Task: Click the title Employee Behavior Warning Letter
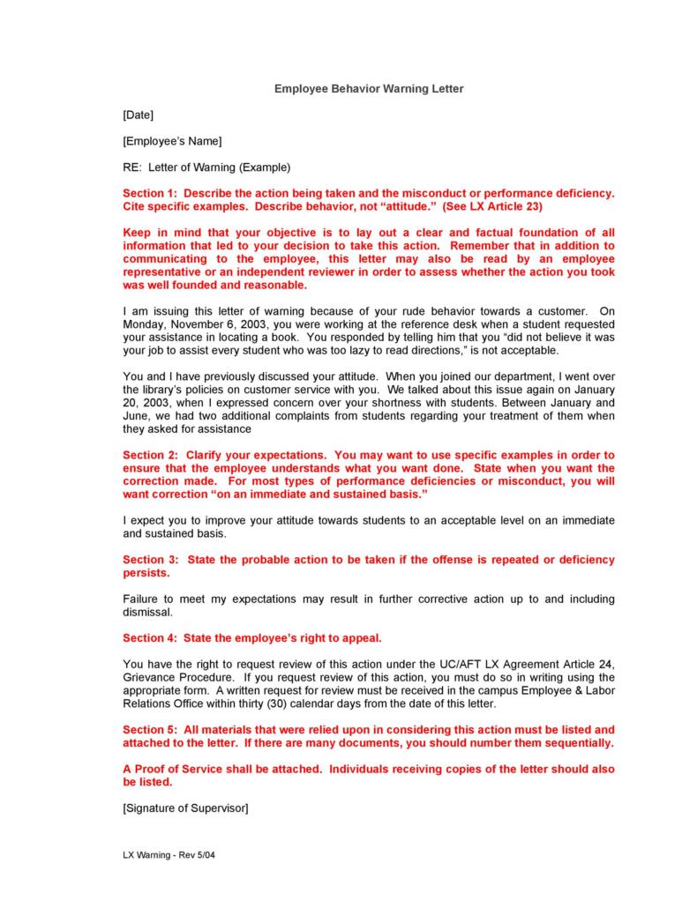click(x=368, y=89)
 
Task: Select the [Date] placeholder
click(x=139, y=115)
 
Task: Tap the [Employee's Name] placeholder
click(x=172, y=141)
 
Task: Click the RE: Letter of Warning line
click(x=206, y=167)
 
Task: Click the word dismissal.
click(x=147, y=612)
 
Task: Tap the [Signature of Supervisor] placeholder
click(x=185, y=808)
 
